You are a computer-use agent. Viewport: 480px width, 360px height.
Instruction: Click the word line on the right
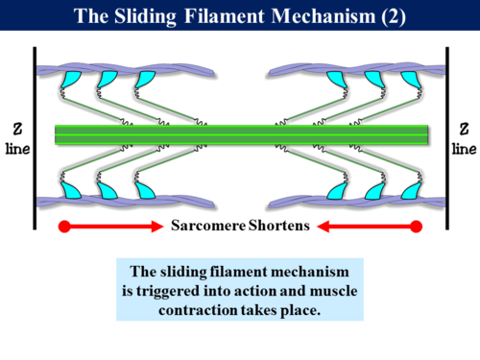(x=464, y=149)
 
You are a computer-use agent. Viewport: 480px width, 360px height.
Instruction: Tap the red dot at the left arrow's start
(x=63, y=228)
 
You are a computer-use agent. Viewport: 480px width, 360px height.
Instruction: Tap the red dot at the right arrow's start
(x=416, y=228)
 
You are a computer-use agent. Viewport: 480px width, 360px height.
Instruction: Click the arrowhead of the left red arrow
(x=156, y=228)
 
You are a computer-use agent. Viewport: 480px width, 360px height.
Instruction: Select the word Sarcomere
(x=207, y=228)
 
